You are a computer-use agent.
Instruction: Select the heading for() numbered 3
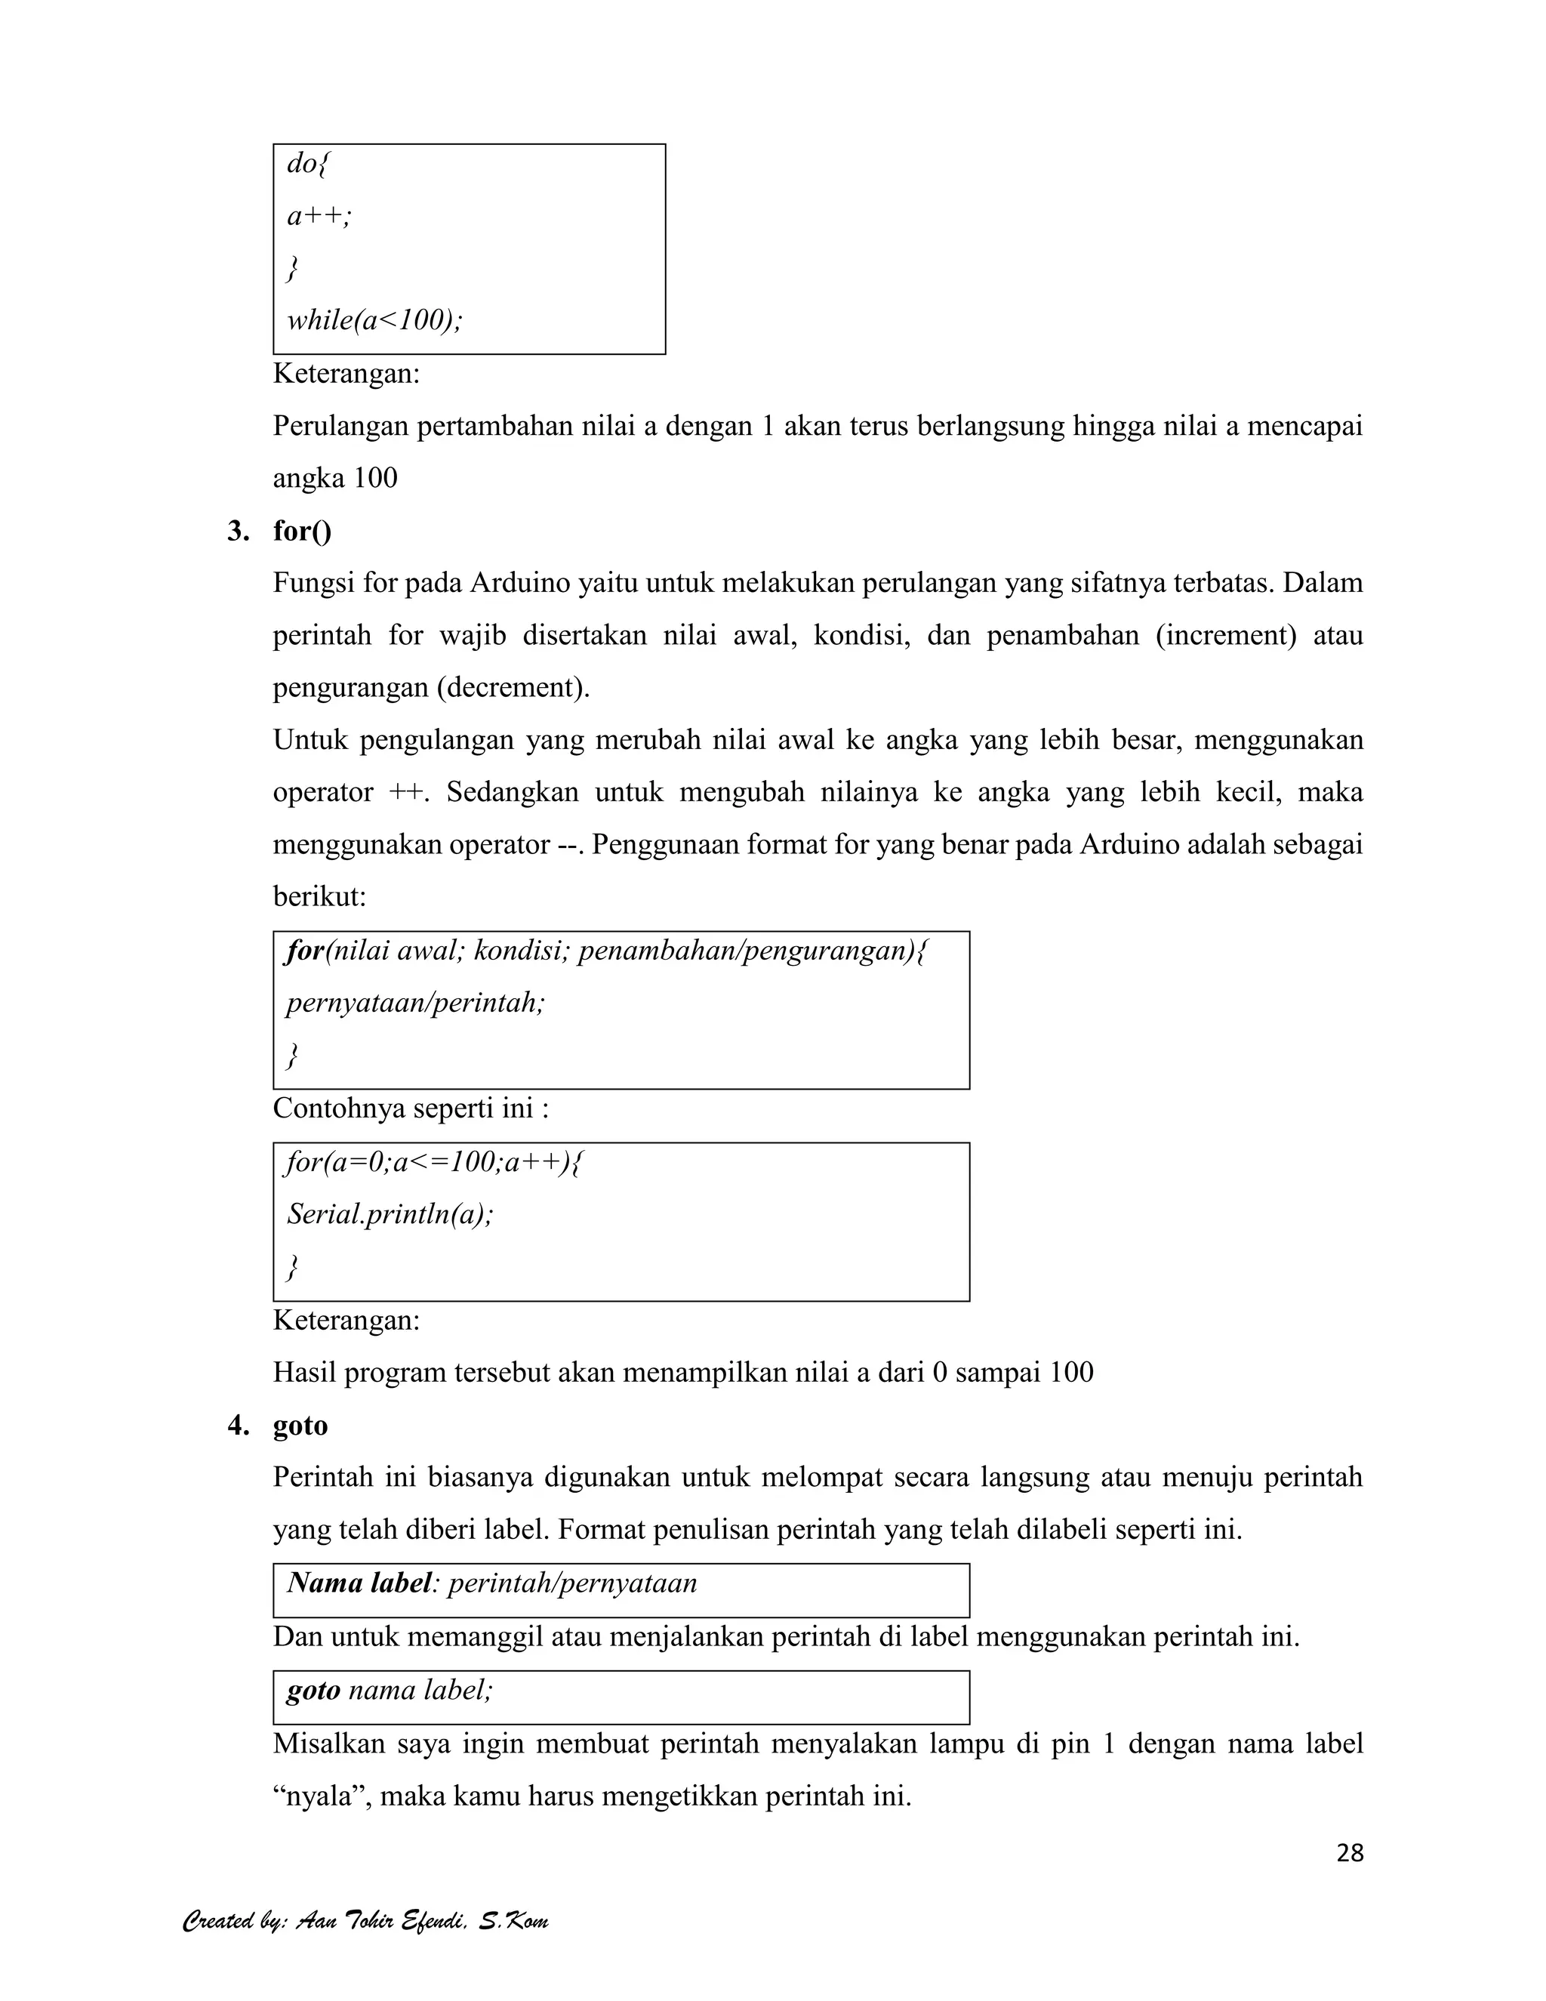302,532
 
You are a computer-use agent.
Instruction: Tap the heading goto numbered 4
300,1426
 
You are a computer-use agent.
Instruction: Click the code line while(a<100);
374,321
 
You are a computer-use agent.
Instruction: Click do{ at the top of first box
308,164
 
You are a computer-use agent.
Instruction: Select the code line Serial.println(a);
390,1215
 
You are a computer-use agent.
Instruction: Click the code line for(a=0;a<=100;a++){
434,1163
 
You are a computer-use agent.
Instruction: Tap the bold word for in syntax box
305,951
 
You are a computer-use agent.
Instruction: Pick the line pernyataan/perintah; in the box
415,1004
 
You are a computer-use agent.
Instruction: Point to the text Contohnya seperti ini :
411,1108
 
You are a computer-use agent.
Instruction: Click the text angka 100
335,478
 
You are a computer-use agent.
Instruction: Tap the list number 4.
238,1426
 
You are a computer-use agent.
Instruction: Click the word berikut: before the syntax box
319,897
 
